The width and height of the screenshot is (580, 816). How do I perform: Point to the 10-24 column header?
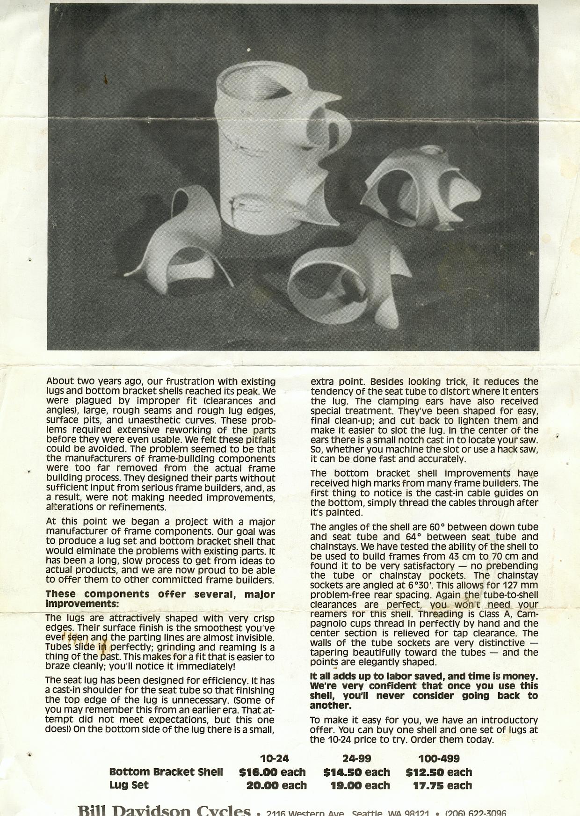[274, 758]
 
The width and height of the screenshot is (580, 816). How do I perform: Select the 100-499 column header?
[439, 758]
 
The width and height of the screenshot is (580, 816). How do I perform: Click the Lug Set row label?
[129, 786]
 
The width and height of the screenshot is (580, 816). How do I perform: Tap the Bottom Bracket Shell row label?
[166, 772]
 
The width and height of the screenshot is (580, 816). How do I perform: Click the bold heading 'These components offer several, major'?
[160, 594]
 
